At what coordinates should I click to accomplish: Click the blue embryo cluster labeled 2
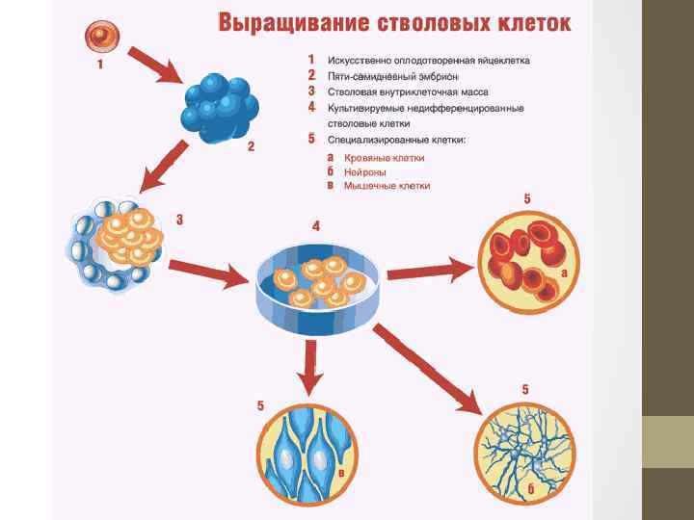(x=220, y=105)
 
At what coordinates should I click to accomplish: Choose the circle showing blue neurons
(x=526, y=452)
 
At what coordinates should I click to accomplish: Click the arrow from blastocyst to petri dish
(x=207, y=273)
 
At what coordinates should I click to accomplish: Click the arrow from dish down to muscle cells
(x=310, y=366)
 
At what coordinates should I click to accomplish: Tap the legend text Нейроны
(x=366, y=171)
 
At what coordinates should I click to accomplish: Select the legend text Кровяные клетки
(x=384, y=157)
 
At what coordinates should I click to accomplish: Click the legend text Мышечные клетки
(x=387, y=185)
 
